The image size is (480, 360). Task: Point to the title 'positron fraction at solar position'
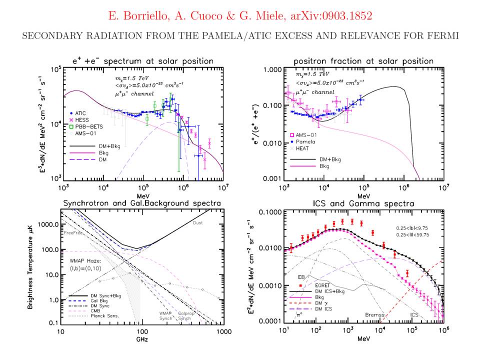tap(362, 60)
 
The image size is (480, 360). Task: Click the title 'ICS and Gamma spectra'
tap(362, 204)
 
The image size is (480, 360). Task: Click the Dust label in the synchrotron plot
tap(198, 229)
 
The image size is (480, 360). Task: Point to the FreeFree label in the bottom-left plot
tap(71, 232)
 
